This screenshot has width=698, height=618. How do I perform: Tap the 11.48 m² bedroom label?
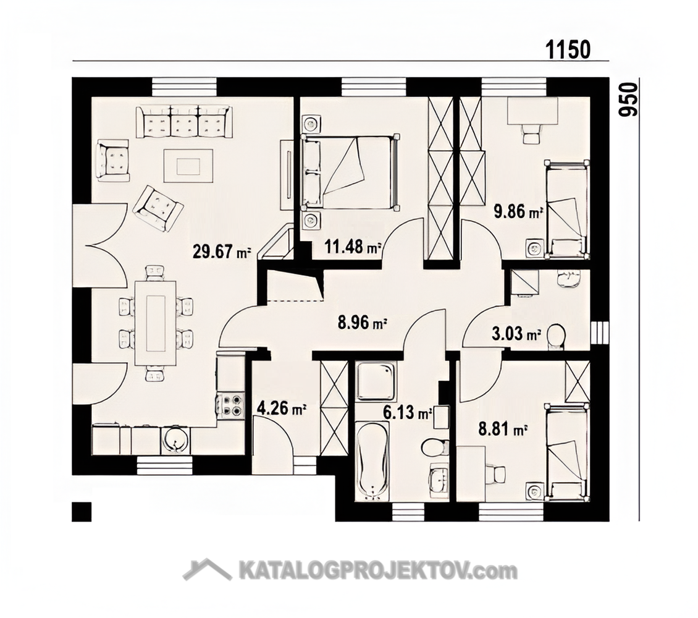353,246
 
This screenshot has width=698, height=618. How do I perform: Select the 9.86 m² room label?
519,211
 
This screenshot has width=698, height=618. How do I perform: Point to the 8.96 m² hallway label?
362,323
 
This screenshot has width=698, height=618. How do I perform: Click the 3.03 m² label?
516,334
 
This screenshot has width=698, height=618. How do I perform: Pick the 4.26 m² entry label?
282,408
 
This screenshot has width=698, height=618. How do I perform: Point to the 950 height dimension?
628,99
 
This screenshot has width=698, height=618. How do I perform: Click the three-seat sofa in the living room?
184,122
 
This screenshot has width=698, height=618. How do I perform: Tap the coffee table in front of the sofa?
188,166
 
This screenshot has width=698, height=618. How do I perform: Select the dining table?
156,323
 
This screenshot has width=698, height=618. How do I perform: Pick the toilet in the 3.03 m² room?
557,335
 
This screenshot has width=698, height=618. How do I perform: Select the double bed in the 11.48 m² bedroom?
350,172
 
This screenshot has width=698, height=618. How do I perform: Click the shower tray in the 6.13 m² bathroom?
376,381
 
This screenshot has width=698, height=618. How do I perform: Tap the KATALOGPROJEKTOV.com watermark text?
379,570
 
